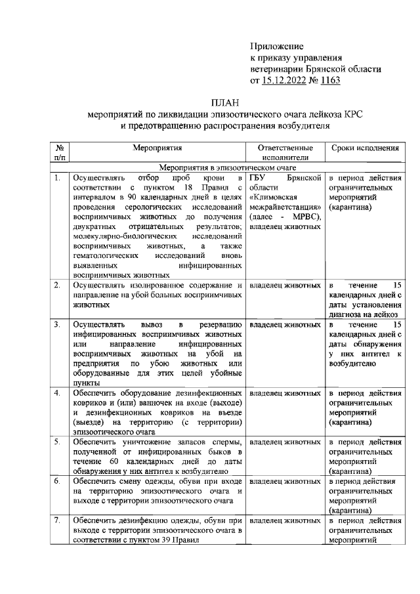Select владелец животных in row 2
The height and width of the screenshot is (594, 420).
click(285, 286)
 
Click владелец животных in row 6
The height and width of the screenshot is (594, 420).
click(285, 481)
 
